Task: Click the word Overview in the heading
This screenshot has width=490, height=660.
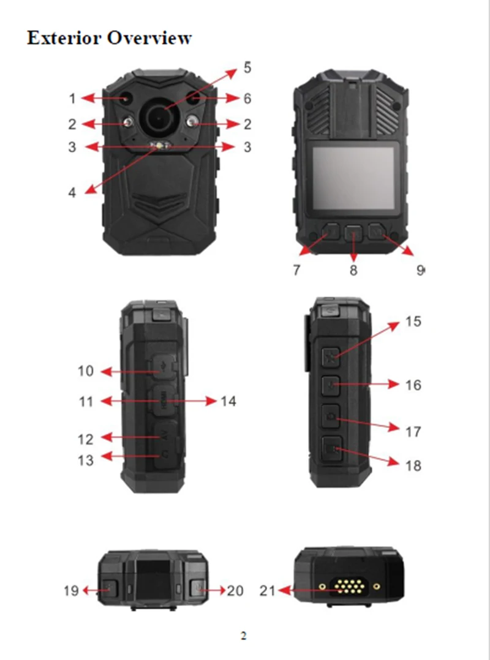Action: click(149, 38)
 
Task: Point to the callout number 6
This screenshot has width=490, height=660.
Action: click(247, 99)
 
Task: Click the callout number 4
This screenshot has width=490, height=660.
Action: click(72, 192)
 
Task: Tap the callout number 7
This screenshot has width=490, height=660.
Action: click(297, 270)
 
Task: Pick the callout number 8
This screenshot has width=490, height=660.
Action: click(353, 270)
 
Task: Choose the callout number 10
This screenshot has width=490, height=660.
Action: click(86, 371)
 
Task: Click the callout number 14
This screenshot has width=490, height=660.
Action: click(228, 402)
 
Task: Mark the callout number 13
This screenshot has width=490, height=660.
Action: click(86, 459)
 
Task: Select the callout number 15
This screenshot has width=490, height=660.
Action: click(414, 321)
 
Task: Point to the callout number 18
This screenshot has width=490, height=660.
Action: click(414, 466)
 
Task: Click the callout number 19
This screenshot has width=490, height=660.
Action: click(71, 591)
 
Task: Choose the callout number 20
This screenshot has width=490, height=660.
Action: click(235, 591)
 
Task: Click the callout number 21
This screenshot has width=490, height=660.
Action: click(267, 591)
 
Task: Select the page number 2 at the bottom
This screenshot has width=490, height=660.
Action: click(243, 636)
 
